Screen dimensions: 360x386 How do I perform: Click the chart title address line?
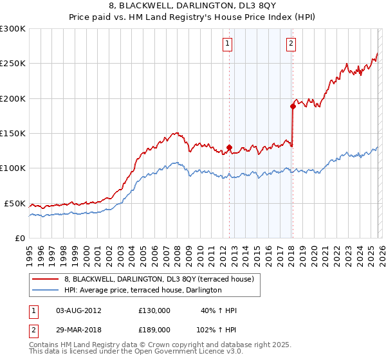(192, 6)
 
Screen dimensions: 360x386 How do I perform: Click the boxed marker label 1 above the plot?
(228, 44)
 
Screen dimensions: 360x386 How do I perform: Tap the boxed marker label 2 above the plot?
(291, 44)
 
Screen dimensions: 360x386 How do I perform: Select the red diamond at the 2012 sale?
(229, 147)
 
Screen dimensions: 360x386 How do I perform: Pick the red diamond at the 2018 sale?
(293, 107)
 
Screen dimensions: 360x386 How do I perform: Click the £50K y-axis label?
(15, 203)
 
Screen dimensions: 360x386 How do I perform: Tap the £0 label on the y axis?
(19, 238)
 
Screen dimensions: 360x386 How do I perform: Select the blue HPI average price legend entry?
(143, 290)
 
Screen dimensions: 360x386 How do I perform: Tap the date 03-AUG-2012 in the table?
(78, 310)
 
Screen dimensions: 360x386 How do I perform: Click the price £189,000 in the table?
(154, 329)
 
